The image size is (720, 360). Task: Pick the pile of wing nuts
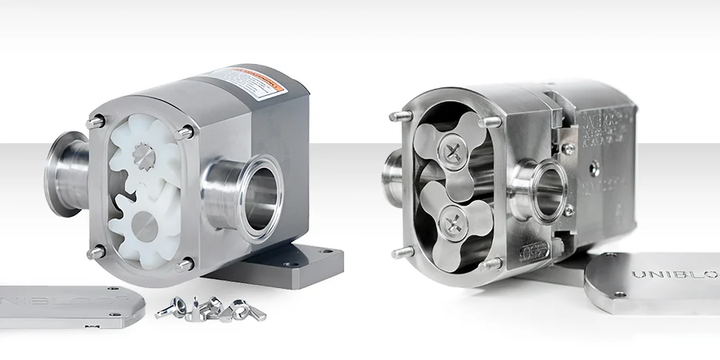point(202,308)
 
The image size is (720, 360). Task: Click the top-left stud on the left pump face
point(98,122)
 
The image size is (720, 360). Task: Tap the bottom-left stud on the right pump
point(398,252)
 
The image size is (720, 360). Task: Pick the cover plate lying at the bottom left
point(68,304)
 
